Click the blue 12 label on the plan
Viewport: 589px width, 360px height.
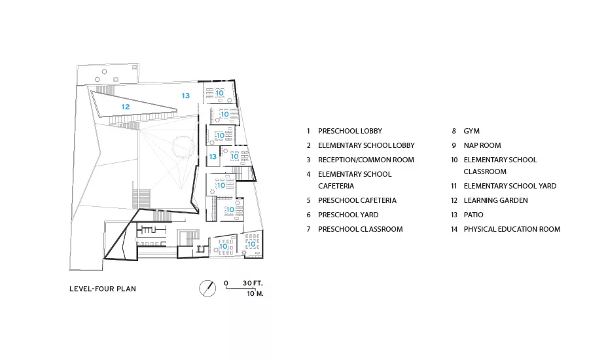point(126,107)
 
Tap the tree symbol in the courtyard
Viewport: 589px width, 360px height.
point(184,147)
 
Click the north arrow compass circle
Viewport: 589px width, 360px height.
point(207,289)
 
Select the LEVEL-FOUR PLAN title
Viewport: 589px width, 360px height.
point(103,289)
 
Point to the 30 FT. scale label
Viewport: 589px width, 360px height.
point(253,283)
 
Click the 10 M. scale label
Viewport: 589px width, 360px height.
point(255,293)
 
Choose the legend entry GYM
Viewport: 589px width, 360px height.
point(471,131)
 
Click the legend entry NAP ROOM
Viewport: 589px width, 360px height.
point(482,145)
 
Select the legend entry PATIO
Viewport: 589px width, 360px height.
point(473,215)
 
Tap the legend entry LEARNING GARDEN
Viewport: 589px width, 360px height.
point(496,201)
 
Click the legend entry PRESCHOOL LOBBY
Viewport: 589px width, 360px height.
point(350,131)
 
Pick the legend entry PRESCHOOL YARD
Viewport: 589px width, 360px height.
point(348,215)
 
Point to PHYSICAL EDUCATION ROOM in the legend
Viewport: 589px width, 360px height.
point(512,229)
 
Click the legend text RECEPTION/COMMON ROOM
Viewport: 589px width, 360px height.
point(366,160)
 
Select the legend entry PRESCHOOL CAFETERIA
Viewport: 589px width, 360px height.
point(357,201)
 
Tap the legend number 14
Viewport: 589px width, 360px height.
point(454,229)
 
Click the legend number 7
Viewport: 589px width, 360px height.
point(309,229)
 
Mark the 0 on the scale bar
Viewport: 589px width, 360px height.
point(226,283)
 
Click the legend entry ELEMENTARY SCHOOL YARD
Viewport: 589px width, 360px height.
point(510,186)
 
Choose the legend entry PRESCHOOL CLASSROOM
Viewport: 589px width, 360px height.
point(360,229)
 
